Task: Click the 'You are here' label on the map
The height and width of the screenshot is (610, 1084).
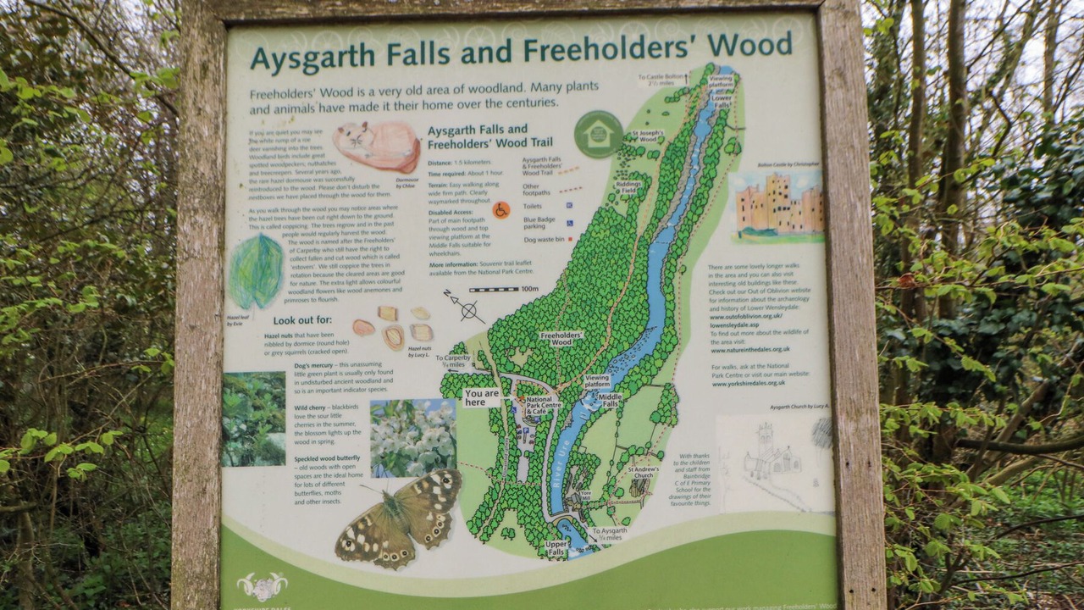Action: click(x=482, y=397)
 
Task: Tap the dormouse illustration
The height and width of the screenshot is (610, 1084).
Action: click(x=378, y=146)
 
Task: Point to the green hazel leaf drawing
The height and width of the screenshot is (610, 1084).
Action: click(x=256, y=271)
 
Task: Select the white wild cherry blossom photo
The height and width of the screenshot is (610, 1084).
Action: click(x=412, y=437)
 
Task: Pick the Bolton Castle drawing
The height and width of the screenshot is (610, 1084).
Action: click(x=778, y=207)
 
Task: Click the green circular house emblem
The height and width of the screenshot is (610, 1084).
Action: click(x=598, y=134)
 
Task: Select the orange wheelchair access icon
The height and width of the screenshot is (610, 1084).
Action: click(x=501, y=209)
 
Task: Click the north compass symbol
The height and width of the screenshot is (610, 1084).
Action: click(x=465, y=307)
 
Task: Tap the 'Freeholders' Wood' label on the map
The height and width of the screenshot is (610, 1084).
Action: click(x=561, y=339)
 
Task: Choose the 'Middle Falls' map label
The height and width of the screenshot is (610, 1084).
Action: click(x=610, y=400)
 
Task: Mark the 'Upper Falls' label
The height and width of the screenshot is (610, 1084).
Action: click(x=556, y=547)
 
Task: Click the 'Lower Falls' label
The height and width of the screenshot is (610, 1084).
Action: click(x=722, y=101)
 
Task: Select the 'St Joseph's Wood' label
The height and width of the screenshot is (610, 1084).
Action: click(x=648, y=136)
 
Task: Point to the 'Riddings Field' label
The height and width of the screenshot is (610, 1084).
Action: click(x=628, y=187)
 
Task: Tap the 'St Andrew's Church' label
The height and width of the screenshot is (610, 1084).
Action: click(x=643, y=472)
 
